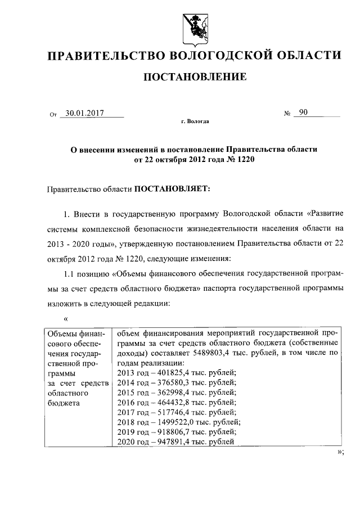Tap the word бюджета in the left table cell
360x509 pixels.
pyautogui.click(x=64, y=403)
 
